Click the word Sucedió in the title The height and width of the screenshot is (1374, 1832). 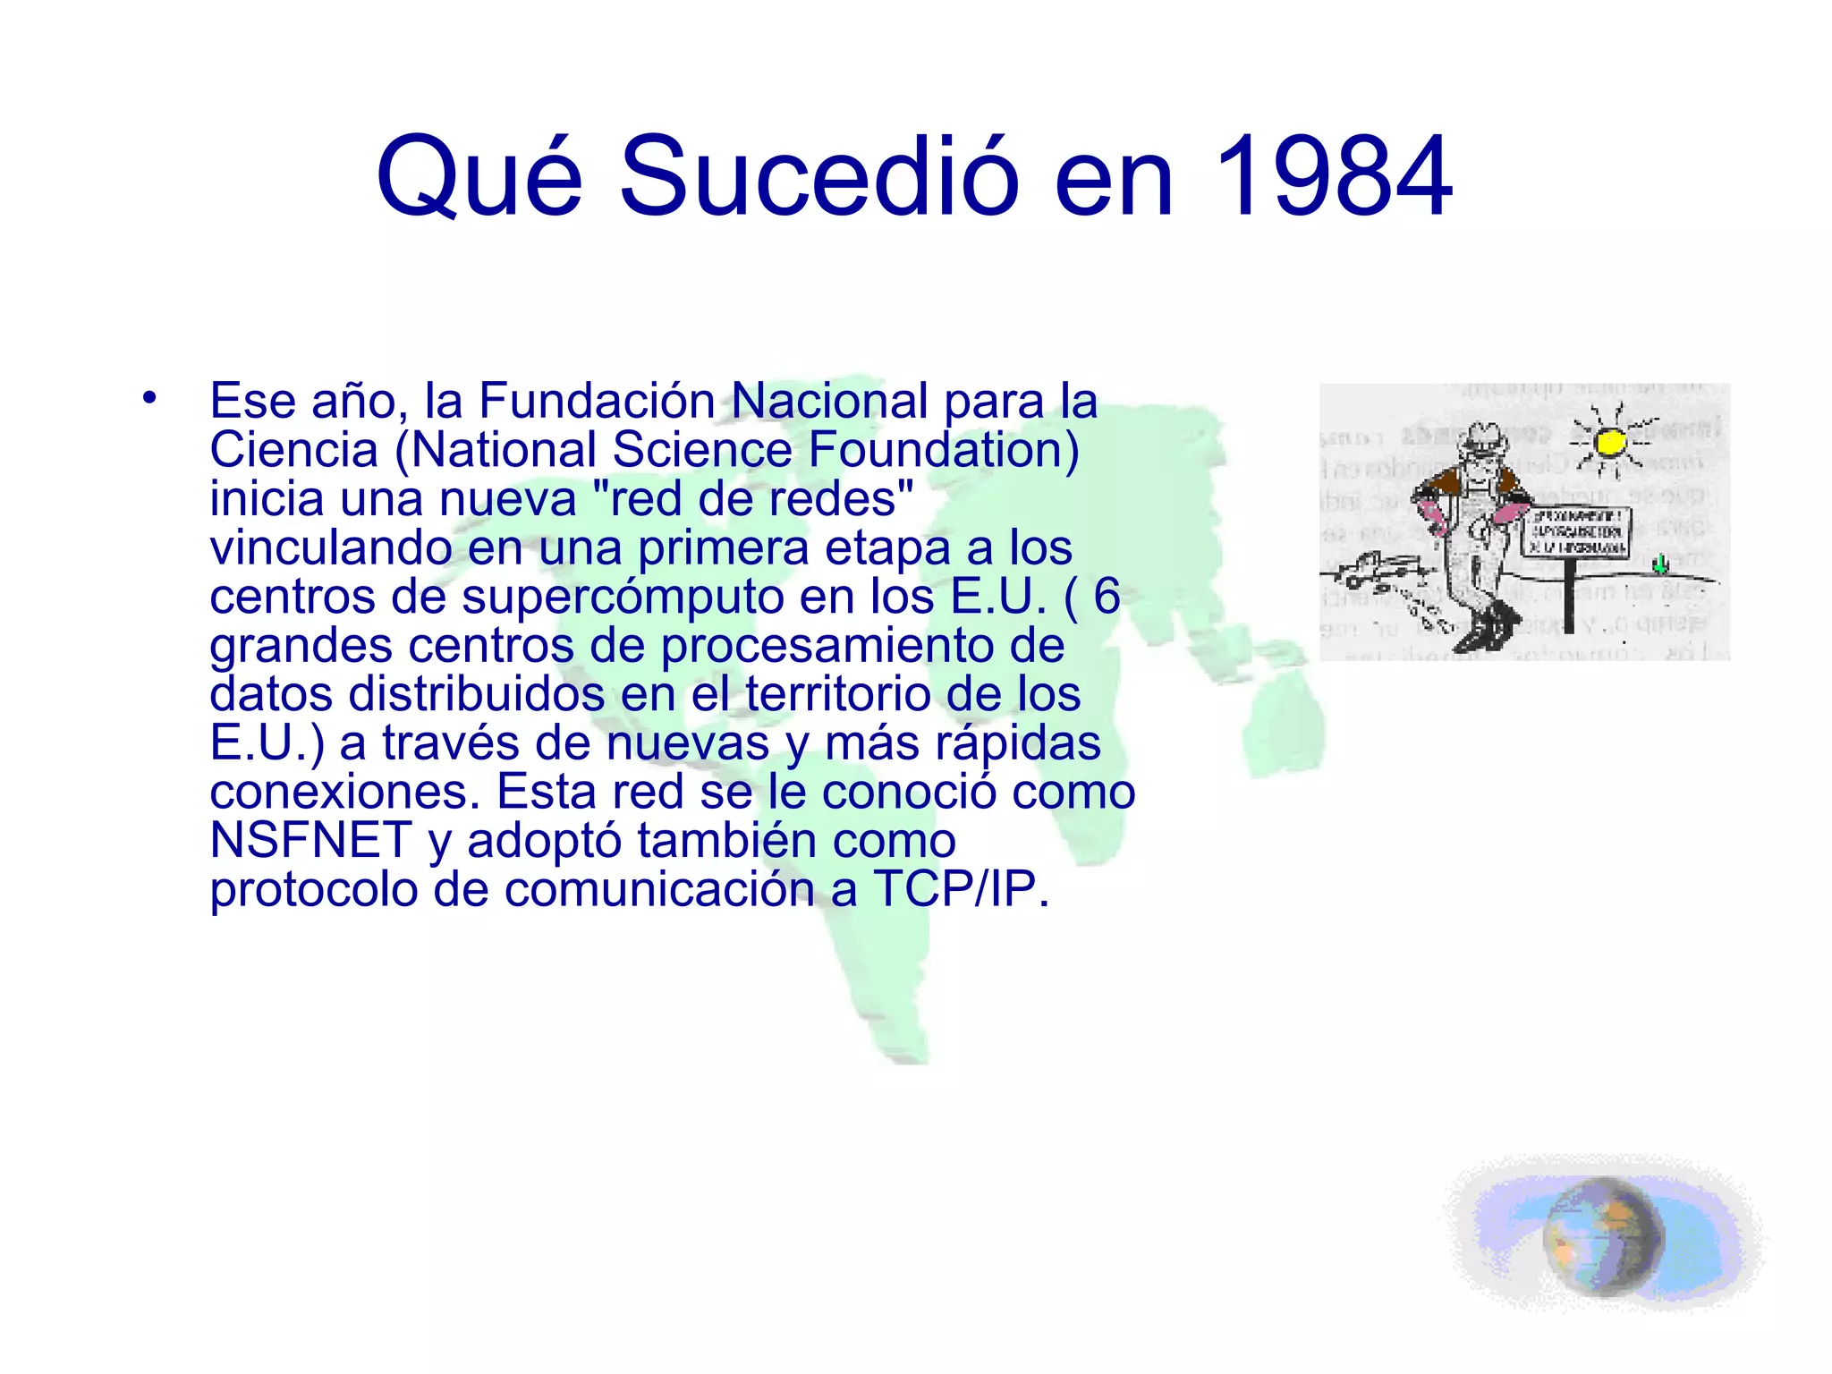pos(818,175)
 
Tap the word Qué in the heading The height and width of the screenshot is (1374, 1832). pos(479,175)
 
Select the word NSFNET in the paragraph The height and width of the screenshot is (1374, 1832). pos(310,841)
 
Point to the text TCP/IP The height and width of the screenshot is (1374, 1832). pos(961,890)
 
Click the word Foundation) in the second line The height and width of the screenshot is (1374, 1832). pos(944,450)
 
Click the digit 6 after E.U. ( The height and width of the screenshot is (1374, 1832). pos(1107,597)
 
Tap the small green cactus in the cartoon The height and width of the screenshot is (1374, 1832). pos(1660,564)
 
